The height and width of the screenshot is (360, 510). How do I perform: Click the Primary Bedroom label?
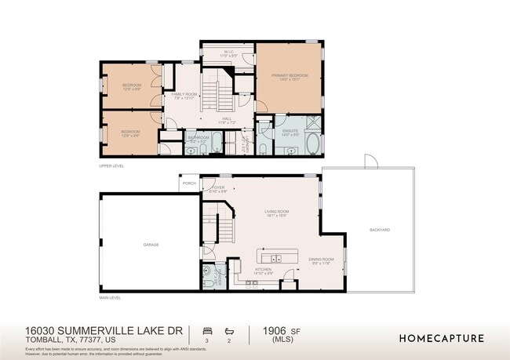pos(290,76)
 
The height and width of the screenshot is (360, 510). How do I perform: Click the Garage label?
pos(151,245)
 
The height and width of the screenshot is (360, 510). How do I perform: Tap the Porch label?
pos(189,184)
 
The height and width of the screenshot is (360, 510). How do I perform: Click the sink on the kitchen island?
pos(276,257)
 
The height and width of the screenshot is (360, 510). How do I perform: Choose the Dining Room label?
pos(321,260)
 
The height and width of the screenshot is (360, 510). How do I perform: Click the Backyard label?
pos(380,230)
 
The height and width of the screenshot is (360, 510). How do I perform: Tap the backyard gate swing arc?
pos(371,161)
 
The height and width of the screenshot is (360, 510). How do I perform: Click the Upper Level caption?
pos(111,165)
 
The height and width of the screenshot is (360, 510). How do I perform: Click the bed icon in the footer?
pos(208,330)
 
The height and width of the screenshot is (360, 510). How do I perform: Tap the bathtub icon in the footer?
pos(229,330)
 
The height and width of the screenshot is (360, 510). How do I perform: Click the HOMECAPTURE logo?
pos(442,339)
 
